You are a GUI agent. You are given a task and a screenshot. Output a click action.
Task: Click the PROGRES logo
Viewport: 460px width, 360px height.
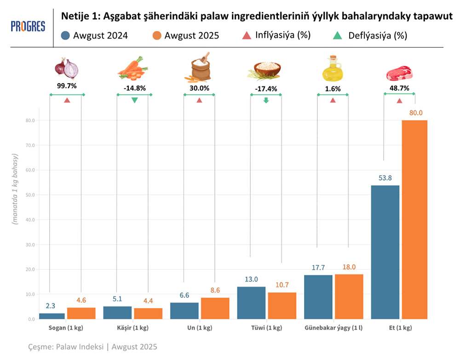coord(28,26)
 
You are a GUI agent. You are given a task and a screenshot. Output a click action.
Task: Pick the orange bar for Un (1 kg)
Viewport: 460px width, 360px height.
coord(215,308)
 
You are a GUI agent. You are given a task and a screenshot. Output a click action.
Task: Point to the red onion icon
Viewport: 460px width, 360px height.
coord(67,68)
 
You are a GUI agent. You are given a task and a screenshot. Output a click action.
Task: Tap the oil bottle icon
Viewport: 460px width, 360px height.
coord(333,68)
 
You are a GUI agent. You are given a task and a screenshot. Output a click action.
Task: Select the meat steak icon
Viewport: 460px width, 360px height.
coord(399,73)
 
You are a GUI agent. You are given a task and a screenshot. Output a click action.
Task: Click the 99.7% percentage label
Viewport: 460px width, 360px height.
coord(67,86)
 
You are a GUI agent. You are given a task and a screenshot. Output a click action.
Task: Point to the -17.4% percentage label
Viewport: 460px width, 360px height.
coord(266,89)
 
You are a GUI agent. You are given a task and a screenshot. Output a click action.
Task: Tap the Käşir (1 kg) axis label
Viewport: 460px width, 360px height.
coord(132,328)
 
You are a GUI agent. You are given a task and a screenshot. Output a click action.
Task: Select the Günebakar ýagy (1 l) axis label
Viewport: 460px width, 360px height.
coord(333,328)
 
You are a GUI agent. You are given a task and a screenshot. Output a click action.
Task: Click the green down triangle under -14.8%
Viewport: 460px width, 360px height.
coord(134,100)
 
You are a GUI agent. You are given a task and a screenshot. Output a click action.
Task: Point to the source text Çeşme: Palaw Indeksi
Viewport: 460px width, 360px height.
coord(92,347)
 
